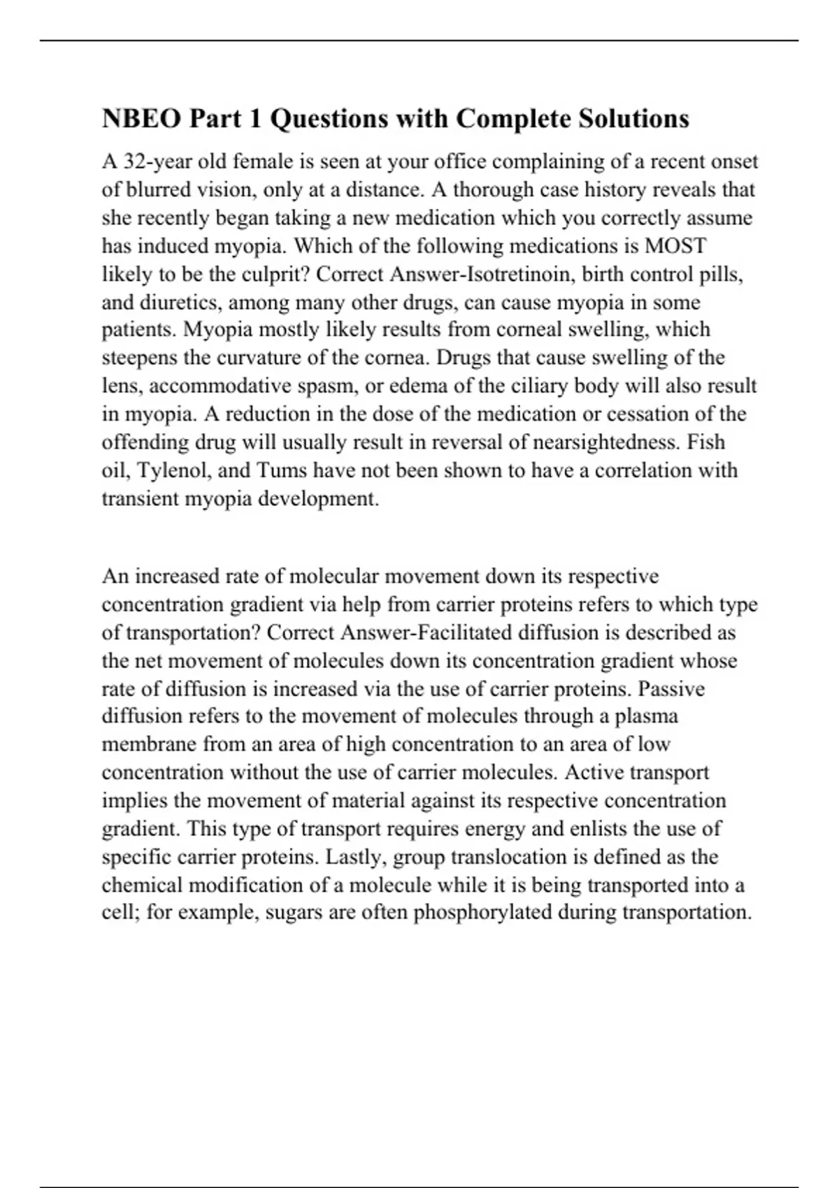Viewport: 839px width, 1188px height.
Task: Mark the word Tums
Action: tap(282, 470)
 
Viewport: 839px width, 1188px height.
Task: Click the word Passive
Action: tap(671, 689)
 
